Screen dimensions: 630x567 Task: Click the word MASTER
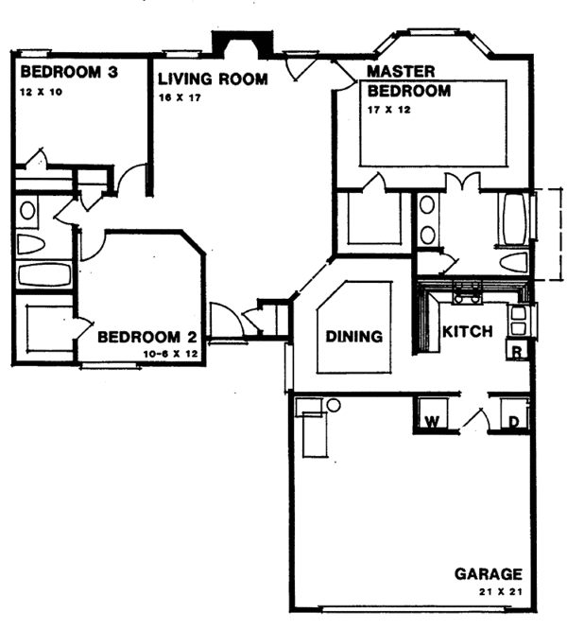[x=401, y=72]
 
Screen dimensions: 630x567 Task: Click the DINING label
[x=353, y=336]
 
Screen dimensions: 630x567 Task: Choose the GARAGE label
[x=488, y=573]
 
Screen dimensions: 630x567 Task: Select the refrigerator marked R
[x=517, y=352]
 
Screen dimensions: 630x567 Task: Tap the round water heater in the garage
[x=333, y=407]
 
